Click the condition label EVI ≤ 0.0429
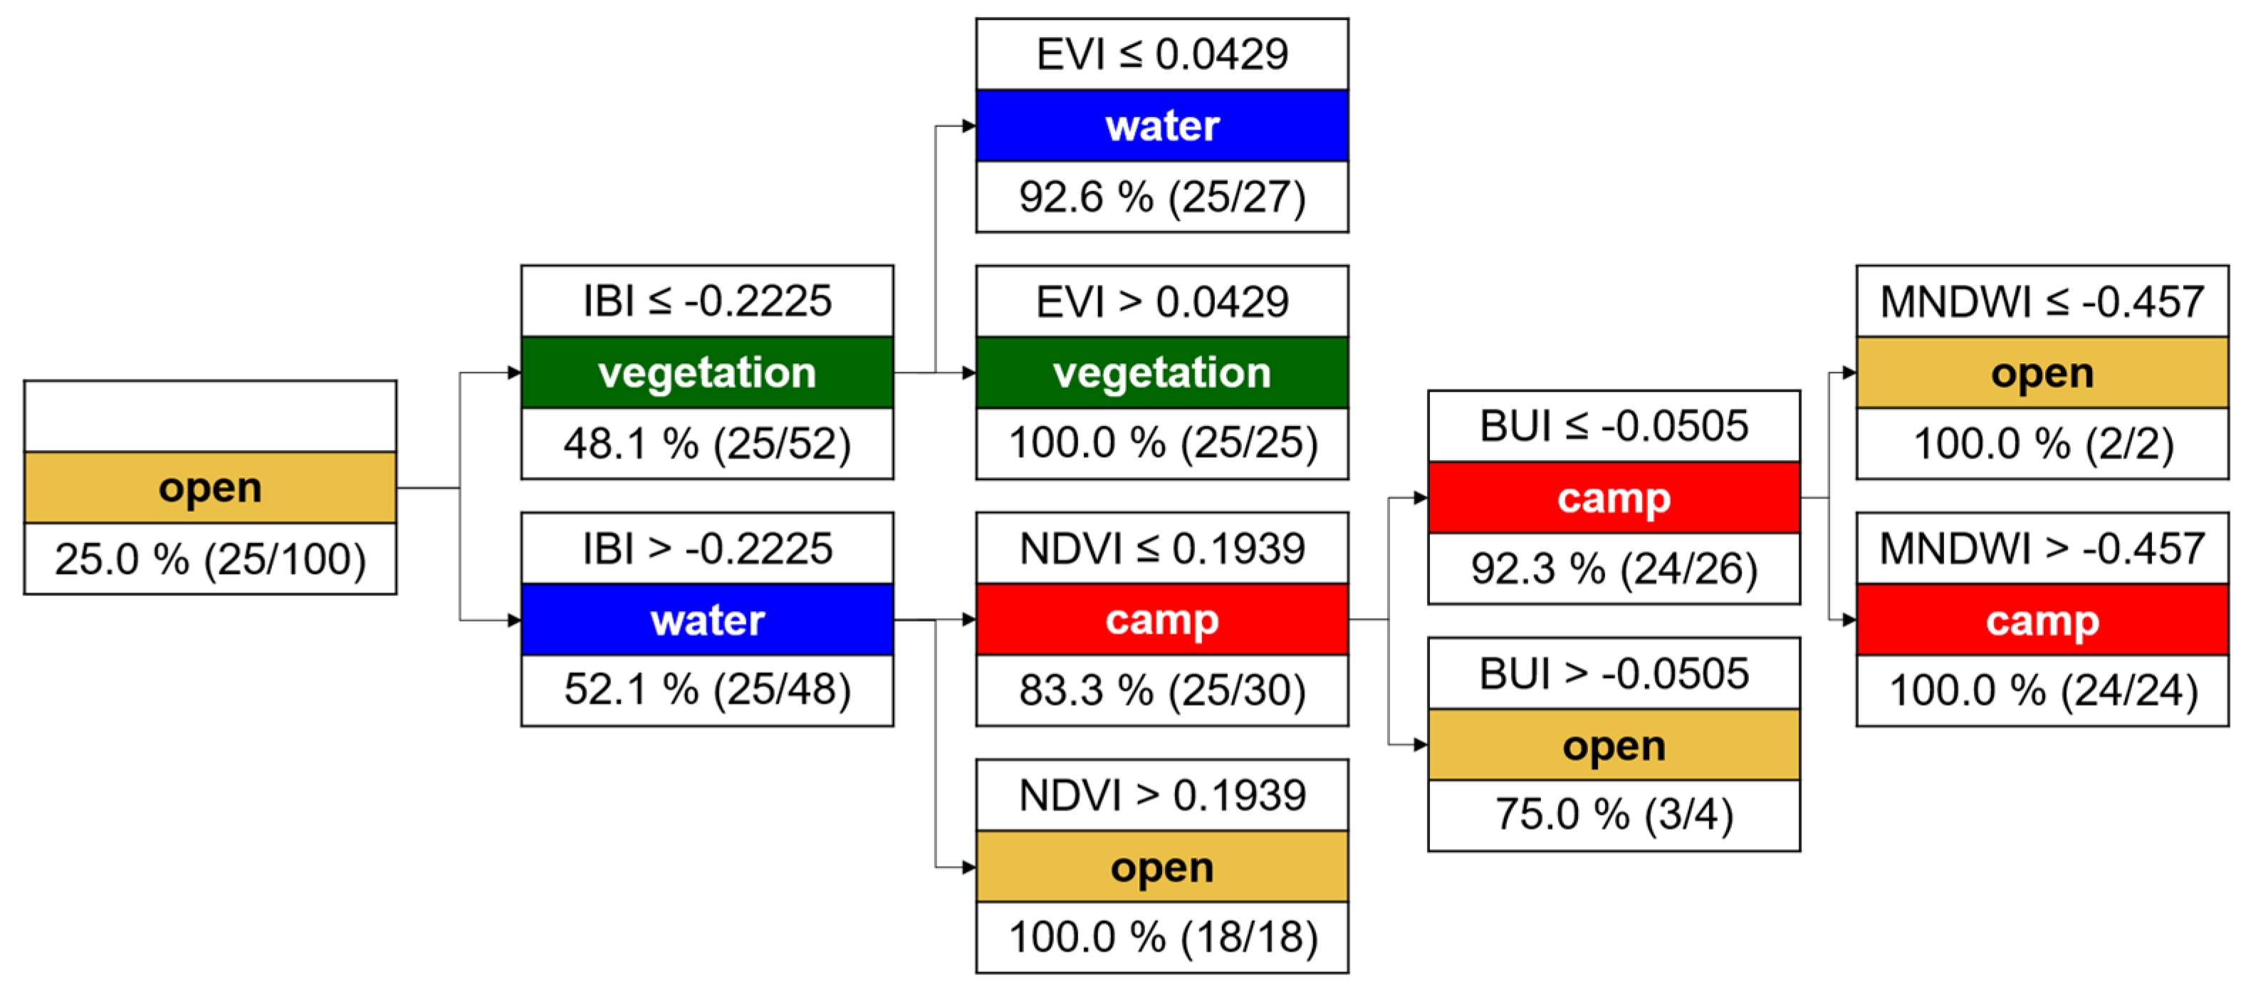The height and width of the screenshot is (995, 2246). click(x=1161, y=54)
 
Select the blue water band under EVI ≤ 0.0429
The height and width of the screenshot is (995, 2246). click(x=1161, y=125)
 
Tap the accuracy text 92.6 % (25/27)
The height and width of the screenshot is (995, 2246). click(x=1161, y=197)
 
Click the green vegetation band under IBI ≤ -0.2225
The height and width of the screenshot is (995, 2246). click(x=707, y=373)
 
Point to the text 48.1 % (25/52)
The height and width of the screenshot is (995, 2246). click(x=707, y=444)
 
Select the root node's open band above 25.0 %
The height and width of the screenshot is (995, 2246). click(x=210, y=487)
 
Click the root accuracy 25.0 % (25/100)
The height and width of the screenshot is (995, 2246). click(x=210, y=559)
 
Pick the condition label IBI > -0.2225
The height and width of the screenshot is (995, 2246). click(x=707, y=548)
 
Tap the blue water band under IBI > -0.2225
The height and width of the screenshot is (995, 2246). click(x=707, y=620)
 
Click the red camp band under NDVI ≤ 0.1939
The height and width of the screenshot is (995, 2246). click(x=1161, y=620)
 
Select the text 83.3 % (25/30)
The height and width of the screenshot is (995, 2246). click(x=1161, y=691)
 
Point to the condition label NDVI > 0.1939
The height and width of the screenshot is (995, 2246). click(x=1161, y=796)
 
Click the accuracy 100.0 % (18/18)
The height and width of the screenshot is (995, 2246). click(x=1161, y=937)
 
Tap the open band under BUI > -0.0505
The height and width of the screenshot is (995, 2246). click(x=1614, y=746)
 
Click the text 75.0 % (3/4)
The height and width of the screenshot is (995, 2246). click(x=1614, y=815)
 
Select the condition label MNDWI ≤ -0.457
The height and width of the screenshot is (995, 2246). click(x=2042, y=302)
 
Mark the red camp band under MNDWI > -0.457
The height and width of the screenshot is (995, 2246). click(x=2042, y=620)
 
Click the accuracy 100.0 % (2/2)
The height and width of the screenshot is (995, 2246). click(x=2042, y=444)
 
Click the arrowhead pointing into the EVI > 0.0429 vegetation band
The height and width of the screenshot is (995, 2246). click(x=968, y=373)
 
